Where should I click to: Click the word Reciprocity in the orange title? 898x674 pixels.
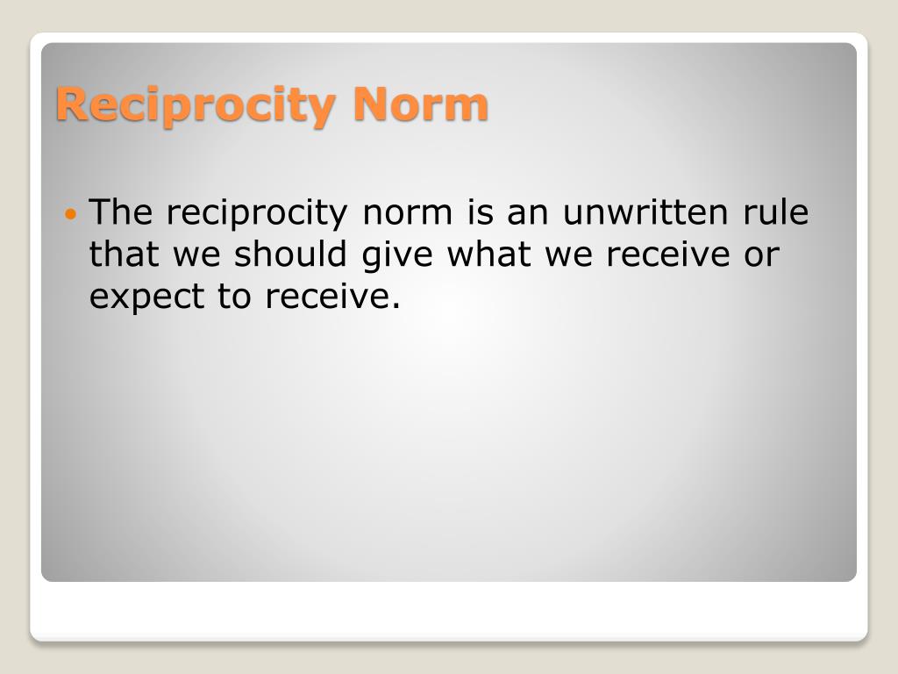tap(195, 105)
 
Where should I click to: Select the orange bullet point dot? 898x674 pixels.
tap(70, 215)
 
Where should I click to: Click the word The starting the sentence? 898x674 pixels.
tap(121, 212)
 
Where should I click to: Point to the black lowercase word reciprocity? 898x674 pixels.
tap(257, 214)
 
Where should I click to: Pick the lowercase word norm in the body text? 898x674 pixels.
tap(407, 214)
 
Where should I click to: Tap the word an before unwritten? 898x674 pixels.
tap(527, 214)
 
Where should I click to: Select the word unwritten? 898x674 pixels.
tap(645, 212)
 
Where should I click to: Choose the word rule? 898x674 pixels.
tap(775, 212)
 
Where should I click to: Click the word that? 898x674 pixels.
tap(124, 254)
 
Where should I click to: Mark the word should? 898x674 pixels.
tap(290, 254)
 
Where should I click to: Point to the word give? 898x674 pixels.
tap(397, 256)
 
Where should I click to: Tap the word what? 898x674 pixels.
tap(488, 254)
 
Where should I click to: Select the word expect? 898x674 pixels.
tap(146, 298)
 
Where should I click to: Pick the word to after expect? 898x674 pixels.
tap(234, 298)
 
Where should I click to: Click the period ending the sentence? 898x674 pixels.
tap(396, 306)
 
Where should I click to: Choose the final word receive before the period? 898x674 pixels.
tap(326, 297)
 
